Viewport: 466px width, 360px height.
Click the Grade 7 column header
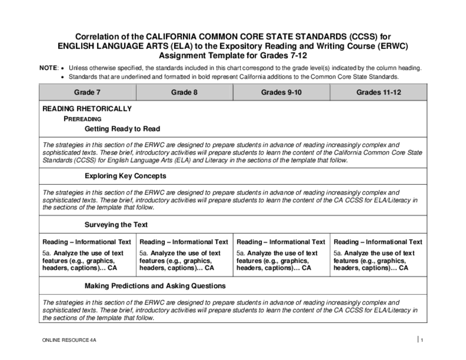tap(87, 92)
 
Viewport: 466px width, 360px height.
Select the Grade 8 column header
tap(184, 92)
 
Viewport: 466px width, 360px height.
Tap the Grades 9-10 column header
tap(281, 92)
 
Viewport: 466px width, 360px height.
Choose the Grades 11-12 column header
tap(379, 92)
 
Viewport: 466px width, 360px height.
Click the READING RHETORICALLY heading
tap(87, 109)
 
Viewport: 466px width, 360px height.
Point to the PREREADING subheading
tap(82, 119)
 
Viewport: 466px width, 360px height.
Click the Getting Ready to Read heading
tap(122, 129)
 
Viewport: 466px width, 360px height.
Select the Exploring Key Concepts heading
tap(125, 176)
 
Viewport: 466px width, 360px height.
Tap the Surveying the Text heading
tap(116, 225)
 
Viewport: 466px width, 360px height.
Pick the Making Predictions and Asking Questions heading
tap(155, 286)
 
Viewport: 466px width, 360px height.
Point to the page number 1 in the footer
tap(422, 340)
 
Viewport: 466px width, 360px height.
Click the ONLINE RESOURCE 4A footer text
tap(69, 340)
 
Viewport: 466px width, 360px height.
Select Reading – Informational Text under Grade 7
tap(87, 242)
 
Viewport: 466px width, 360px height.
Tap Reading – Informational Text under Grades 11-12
tap(378, 242)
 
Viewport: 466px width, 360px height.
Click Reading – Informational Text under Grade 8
tap(184, 242)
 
